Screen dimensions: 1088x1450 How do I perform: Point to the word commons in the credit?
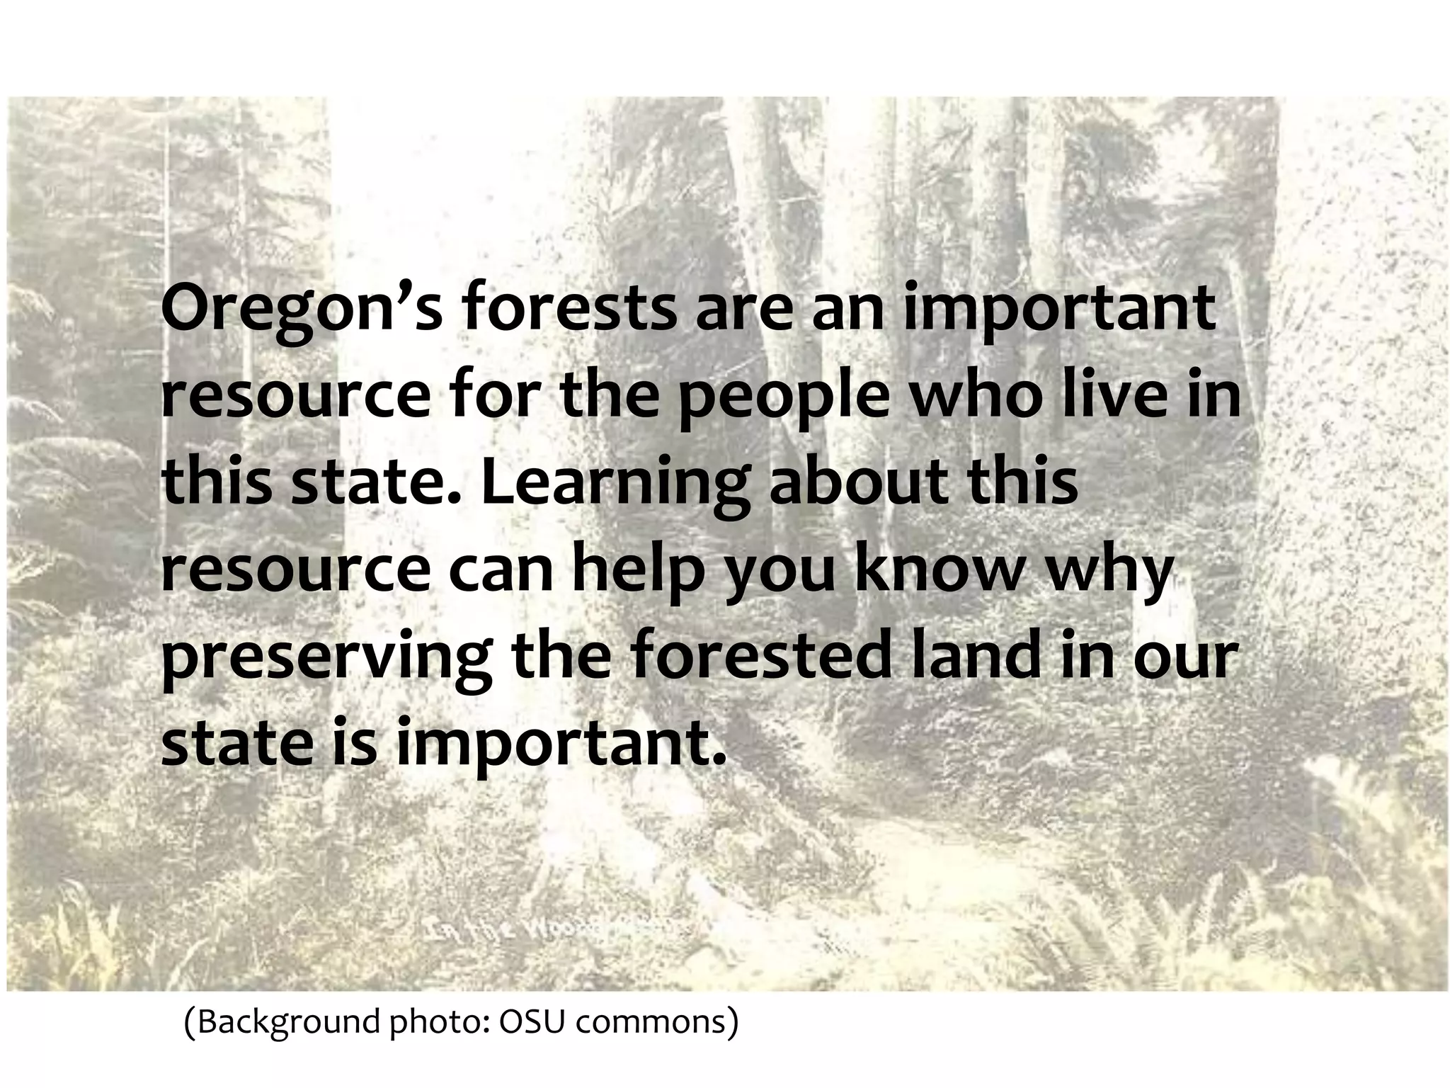click(653, 1021)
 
